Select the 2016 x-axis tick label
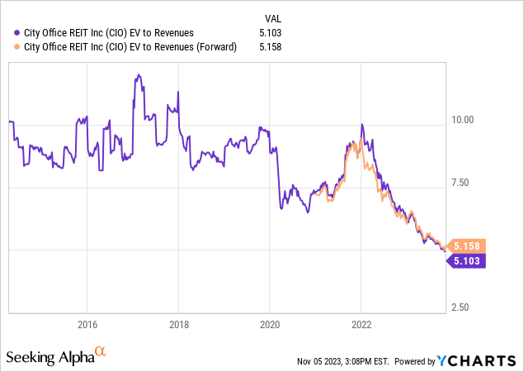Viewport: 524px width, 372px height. coord(87,323)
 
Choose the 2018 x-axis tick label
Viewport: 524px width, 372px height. coord(179,323)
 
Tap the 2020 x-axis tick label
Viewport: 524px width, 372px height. coord(271,323)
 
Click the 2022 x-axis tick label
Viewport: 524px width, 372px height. coord(362,323)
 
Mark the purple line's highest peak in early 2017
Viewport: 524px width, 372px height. coord(138,74)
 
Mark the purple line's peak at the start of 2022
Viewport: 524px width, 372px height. coord(361,125)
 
